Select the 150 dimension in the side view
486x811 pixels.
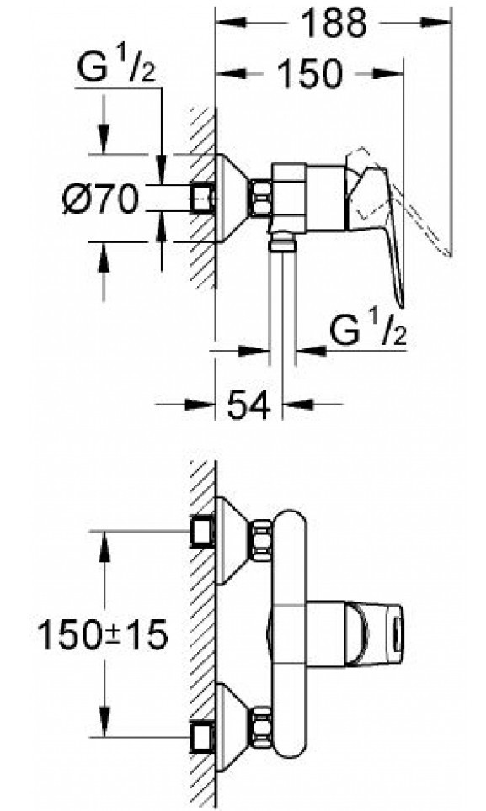point(311,73)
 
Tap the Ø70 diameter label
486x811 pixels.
point(101,199)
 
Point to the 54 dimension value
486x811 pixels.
point(248,404)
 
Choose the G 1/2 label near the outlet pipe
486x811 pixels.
point(368,331)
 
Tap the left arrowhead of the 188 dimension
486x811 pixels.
point(231,22)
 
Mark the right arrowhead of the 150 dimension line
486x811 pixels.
point(387,73)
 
